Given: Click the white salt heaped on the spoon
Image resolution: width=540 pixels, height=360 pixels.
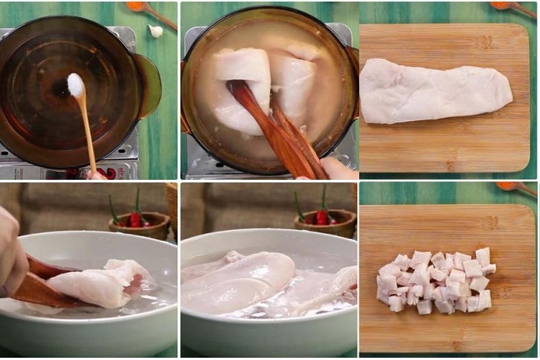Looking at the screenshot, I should pyautogui.click(x=75, y=85).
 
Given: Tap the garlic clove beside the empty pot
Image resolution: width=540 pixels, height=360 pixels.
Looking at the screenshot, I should pyautogui.click(x=156, y=31).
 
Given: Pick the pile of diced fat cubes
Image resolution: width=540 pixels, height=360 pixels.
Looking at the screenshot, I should pyautogui.click(x=436, y=282).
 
